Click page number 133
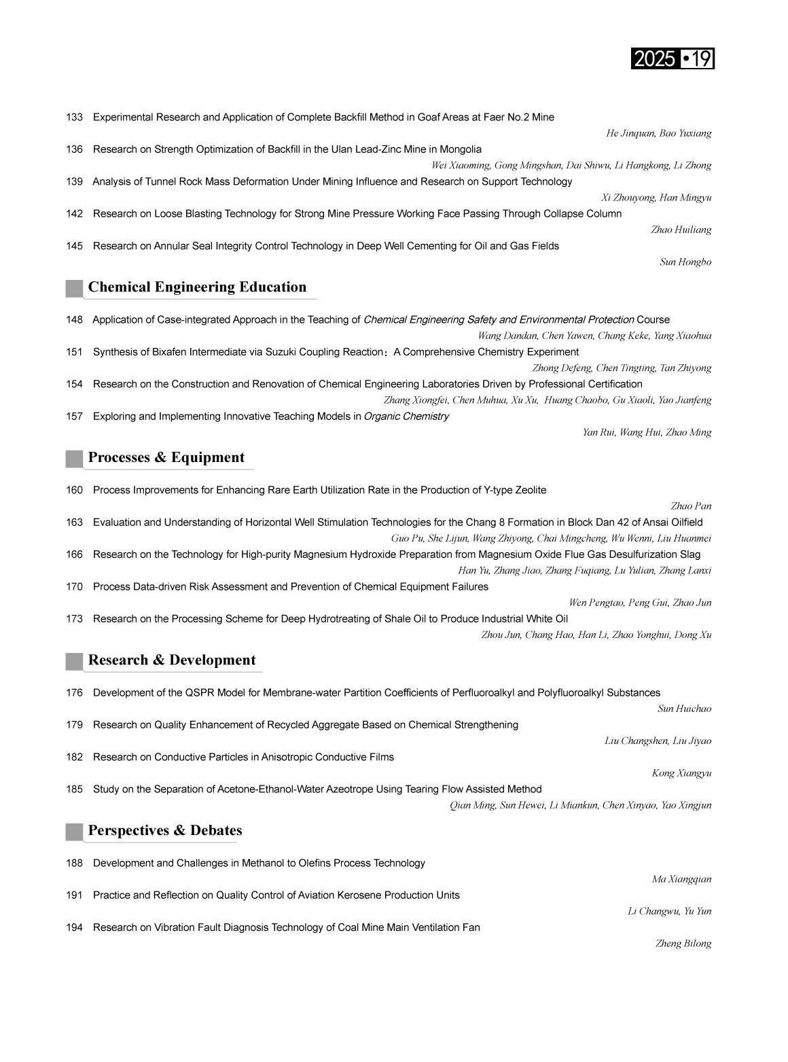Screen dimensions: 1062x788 (x=74, y=118)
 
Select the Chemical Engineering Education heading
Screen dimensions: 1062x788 (x=197, y=287)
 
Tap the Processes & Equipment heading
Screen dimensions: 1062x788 (x=166, y=458)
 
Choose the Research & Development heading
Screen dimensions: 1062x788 (x=172, y=660)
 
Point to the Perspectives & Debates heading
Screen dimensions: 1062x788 (x=165, y=831)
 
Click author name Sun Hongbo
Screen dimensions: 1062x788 (x=685, y=262)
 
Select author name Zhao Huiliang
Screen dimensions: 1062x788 (x=681, y=230)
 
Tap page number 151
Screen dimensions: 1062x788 (x=74, y=352)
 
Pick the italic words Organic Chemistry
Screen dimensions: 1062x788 (x=406, y=417)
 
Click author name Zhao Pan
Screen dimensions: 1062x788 (x=691, y=506)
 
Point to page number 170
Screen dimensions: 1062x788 (x=74, y=587)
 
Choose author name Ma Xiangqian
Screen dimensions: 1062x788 (x=681, y=879)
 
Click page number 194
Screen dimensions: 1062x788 (x=74, y=927)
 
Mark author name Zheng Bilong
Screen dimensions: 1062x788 (x=683, y=944)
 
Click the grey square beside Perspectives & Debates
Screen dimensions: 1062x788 (x=74, y=832)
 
